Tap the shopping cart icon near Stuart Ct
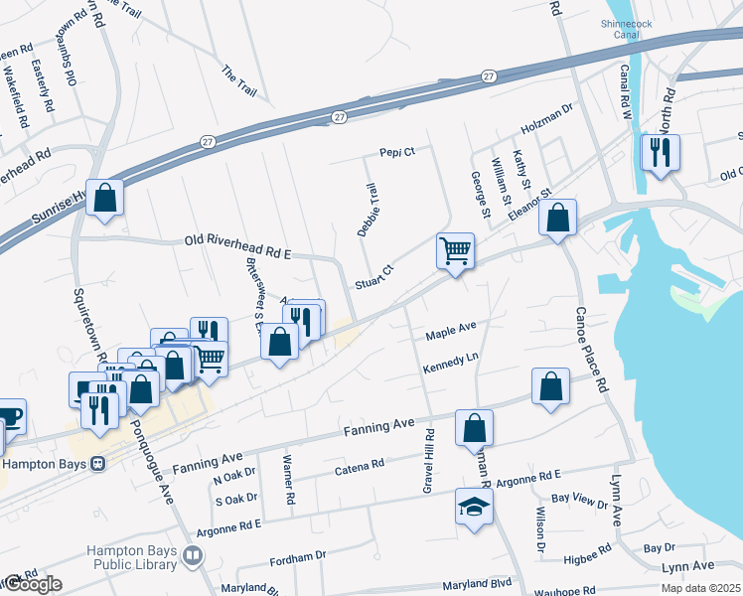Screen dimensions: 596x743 pyautogui.click(x=455, y=251)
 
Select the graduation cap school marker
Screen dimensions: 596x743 pyautogui.click(x=474, y=507)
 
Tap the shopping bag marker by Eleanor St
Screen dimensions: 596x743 pyautogui.click(x=558, y=218)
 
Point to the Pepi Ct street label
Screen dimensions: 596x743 pyautogui.click(x=396, y=152)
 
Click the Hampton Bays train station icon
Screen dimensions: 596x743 pyautogui.click(x=97, y=464)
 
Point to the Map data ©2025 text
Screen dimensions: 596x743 pyautogui.click(x=700, y=588)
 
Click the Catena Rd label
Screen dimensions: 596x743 pyautogui.click(x=359, y=467)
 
